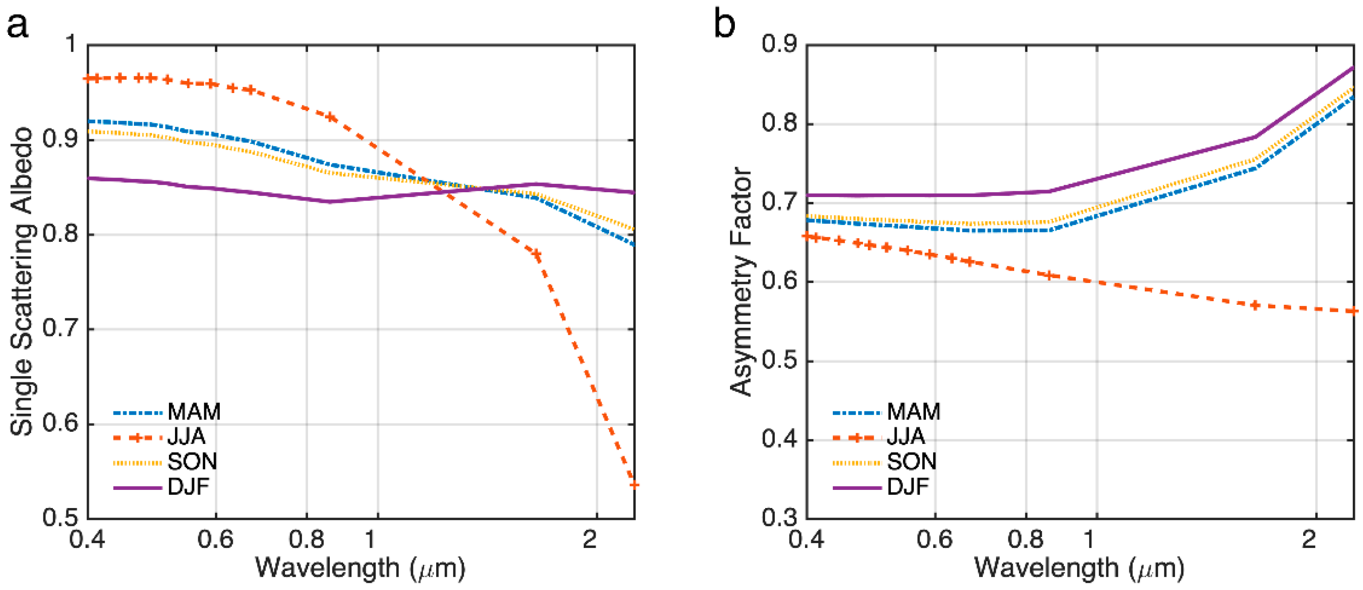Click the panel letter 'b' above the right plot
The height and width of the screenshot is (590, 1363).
click(x=724, y=24)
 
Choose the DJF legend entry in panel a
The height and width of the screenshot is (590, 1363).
click(x=188, y=486)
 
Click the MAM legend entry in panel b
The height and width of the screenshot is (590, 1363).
click(x=913, y=412)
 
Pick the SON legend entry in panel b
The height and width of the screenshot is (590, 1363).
click(x=911, y=462)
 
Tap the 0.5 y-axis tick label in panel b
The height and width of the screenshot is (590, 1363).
click(x=779, y=361)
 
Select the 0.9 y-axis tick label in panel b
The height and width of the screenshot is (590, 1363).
click(x=779, y=44)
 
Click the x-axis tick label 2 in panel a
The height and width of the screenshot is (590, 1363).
click(x=590, y=539)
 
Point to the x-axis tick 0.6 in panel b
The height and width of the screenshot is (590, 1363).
click(x=934, y=539)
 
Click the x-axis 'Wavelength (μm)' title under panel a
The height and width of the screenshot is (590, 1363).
click(x=360, y=568)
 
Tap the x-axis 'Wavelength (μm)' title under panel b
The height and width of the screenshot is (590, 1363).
click(x=1079, y=568)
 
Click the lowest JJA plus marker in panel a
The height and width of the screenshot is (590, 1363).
click(x=633, y=484)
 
